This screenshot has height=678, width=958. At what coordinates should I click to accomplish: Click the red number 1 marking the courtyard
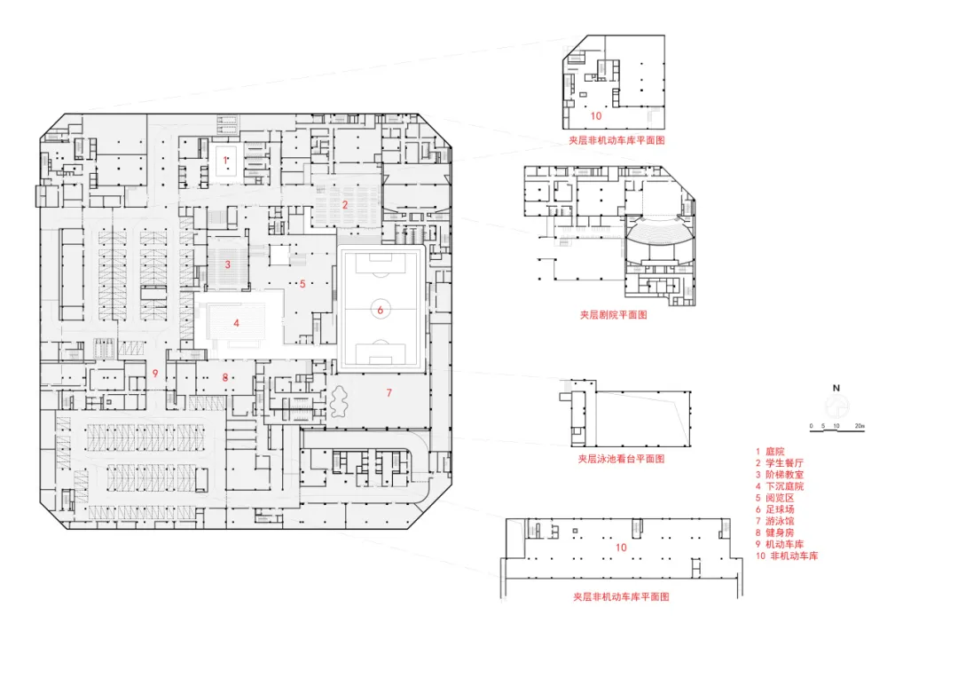(x=224, y=160)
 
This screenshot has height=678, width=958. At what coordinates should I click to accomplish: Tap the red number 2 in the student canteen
(x=344, y=204)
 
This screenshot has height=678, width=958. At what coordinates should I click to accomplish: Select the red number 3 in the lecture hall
(x=228, y=264)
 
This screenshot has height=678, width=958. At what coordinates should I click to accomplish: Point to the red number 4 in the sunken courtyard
(x=237, y=323)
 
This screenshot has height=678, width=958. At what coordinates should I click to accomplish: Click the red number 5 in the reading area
(x=302, y=284)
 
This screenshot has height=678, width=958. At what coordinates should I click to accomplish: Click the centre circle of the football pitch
(x=380, y=310)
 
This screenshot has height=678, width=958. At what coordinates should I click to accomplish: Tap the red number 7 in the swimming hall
(x=389, y=392)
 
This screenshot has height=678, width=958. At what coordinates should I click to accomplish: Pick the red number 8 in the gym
(x=224, y=377)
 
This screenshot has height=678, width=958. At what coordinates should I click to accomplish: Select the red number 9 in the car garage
(x=155, y=373)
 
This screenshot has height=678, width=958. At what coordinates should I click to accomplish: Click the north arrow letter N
(x=836, y=388)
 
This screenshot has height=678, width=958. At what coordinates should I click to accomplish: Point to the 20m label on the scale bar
(x=860, y=425)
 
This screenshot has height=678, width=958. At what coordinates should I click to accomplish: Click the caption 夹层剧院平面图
(x=614, y=315)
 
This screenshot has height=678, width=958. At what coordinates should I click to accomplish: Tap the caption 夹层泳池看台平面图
(x=621, y=459)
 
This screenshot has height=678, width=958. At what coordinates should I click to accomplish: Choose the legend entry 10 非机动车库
(x=787, y=556)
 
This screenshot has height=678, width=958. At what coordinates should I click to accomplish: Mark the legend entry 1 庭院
(x=770, y=451)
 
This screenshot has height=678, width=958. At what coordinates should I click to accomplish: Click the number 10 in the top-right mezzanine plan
(x=596, y=115)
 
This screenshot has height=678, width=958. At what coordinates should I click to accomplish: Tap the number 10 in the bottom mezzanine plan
(x=621, y=548)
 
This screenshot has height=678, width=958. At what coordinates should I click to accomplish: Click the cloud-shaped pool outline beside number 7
(x=339, y=401)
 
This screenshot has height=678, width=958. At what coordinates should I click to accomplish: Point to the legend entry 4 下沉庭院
(x=780, y=486)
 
